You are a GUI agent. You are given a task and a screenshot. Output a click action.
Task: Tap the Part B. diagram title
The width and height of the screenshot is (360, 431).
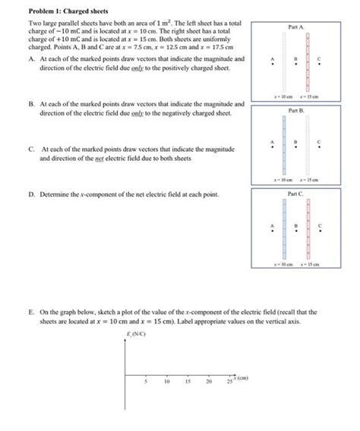click(x=296, y=111)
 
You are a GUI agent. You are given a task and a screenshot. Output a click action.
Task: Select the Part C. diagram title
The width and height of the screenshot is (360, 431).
click(x=296, y=195)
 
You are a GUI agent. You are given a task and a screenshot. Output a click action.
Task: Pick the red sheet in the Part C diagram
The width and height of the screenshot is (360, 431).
click(x=308, y=231)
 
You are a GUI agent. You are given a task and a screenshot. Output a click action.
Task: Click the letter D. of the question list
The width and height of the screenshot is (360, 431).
click(x=30, y=195)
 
